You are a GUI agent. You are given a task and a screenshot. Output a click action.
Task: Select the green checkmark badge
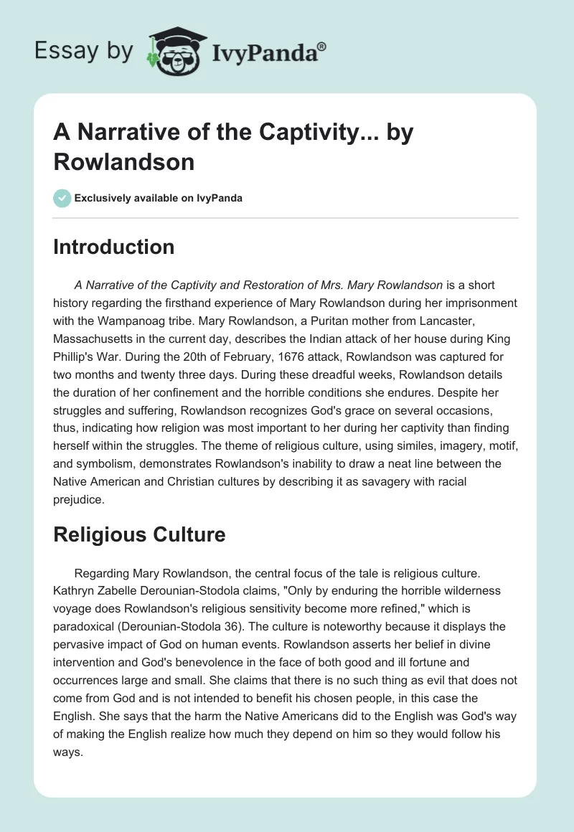pos(62,198)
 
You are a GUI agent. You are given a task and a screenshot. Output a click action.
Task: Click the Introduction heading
pos(114,247)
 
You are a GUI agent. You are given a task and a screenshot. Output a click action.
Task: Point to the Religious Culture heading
pos(139,534)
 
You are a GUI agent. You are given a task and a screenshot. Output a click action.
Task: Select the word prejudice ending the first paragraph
pos(79,501)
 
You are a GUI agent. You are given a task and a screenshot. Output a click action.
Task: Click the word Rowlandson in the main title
pos(123,161)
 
